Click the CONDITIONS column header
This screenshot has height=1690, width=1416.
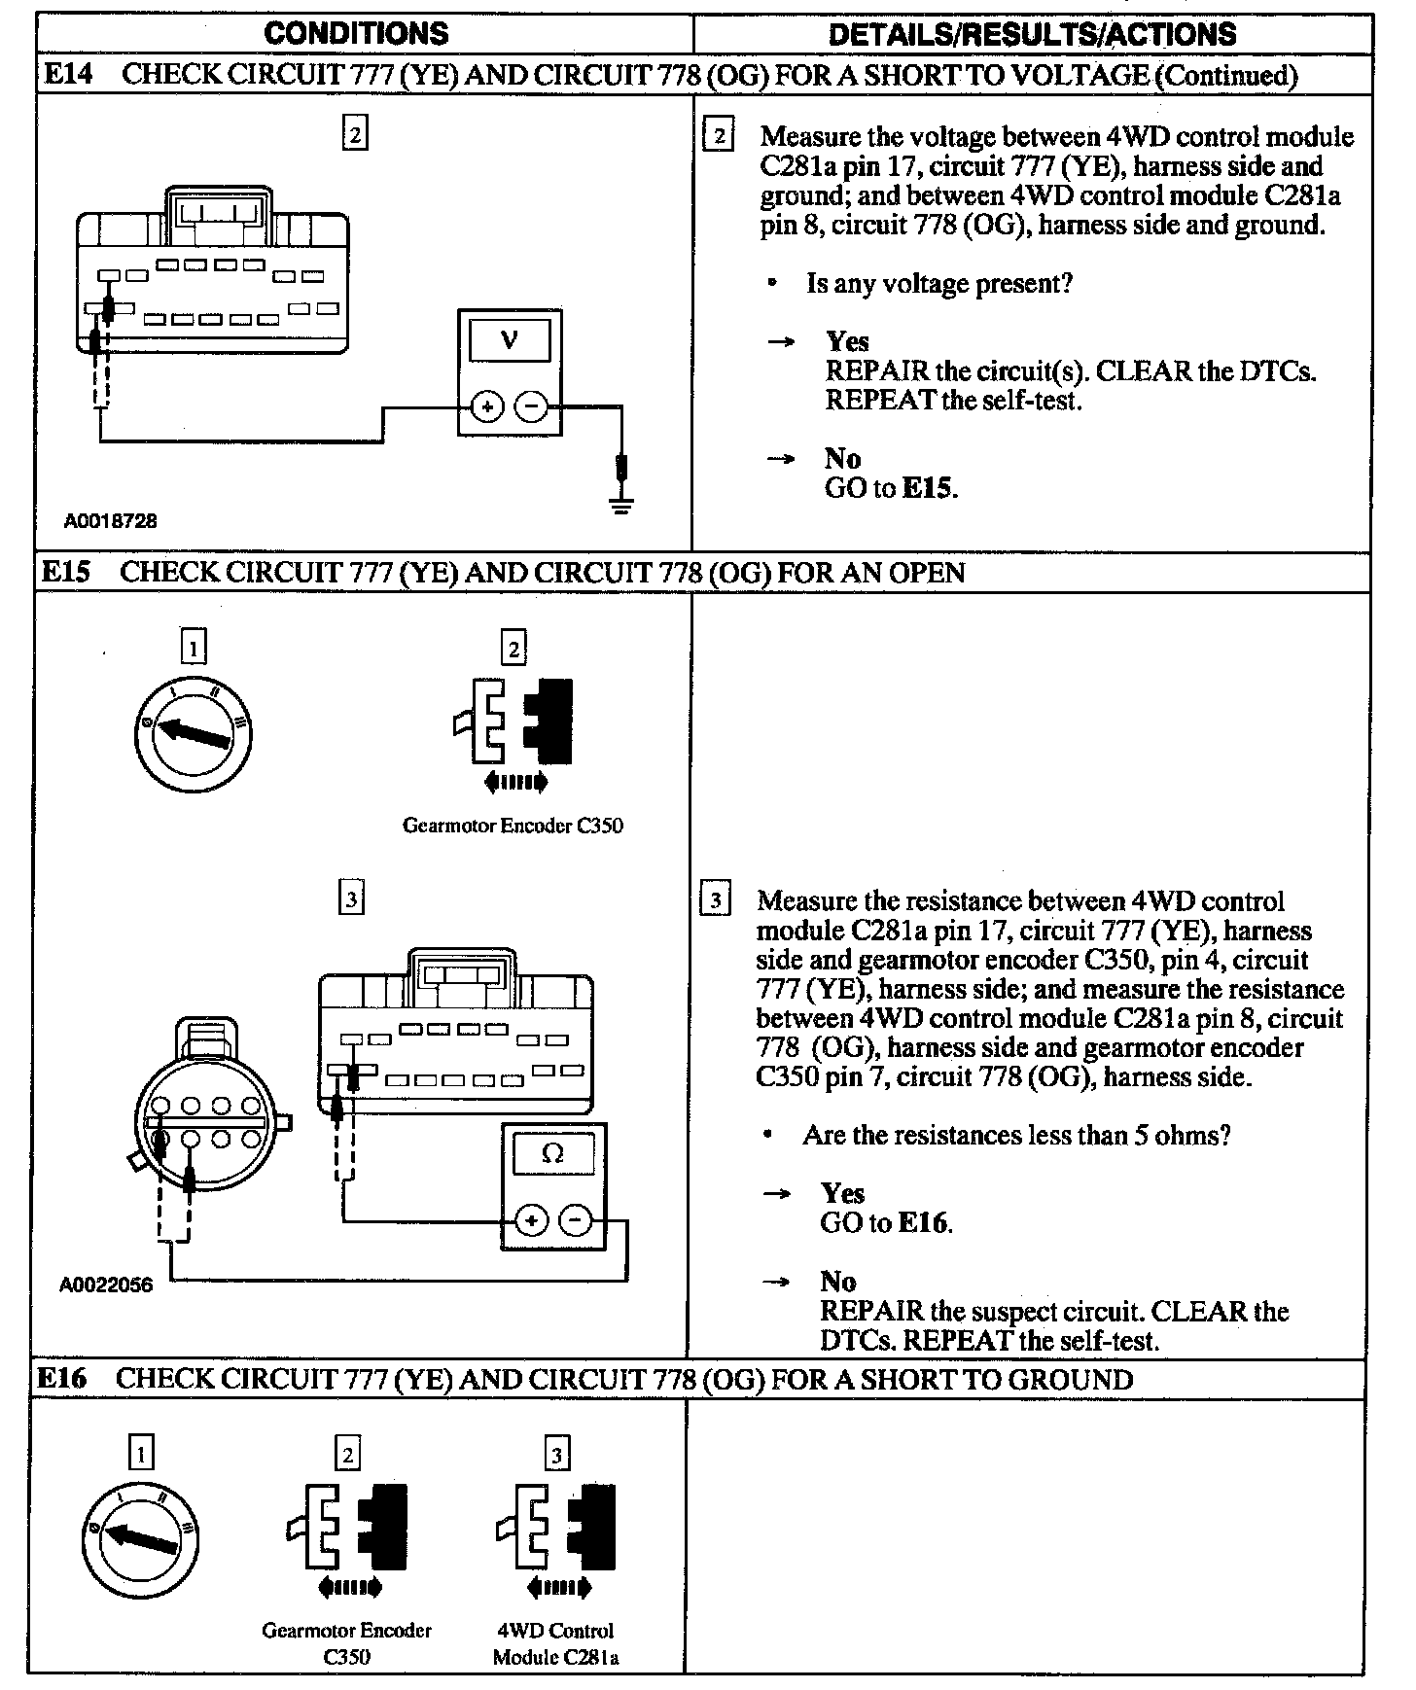(356, 34)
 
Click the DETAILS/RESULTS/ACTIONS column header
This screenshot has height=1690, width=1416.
(1032, 34)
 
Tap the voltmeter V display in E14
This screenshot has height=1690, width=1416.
(510, 340)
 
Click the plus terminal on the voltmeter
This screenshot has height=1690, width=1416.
(486, 406)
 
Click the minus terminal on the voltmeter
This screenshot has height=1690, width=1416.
(531, 406)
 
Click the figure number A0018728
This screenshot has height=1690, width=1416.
(111, 521)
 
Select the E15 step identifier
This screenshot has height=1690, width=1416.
(65, 572)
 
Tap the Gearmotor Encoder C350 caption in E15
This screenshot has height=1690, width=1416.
(513, 826)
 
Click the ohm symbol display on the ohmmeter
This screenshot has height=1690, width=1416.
(552, 1153)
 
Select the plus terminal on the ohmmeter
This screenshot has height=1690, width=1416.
(531, 1219)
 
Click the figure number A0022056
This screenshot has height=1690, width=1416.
(106, 1285)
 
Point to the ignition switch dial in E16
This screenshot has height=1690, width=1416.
(140, 1538)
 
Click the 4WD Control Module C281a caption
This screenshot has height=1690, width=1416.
(555, 1643)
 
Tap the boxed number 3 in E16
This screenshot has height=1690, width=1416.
(556, 1455)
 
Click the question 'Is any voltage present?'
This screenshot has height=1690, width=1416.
(938, 284)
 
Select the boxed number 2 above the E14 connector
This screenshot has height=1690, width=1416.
(355, 134)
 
